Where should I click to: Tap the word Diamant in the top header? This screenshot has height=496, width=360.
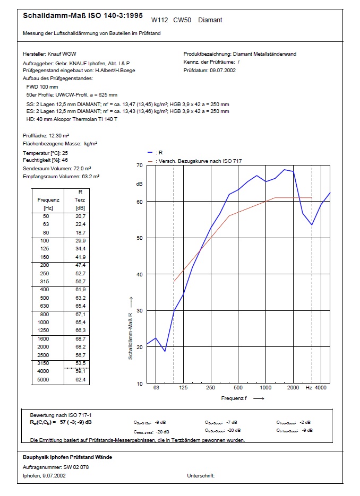point(210,20)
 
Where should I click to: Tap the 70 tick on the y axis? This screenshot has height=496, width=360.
point(140,166)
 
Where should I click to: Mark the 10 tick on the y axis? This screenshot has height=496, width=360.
point(140,384)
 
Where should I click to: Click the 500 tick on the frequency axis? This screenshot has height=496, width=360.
point(238,388)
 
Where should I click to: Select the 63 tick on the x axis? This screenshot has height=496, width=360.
point(156,388)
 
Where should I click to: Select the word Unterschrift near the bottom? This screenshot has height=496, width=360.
point(201,476)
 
